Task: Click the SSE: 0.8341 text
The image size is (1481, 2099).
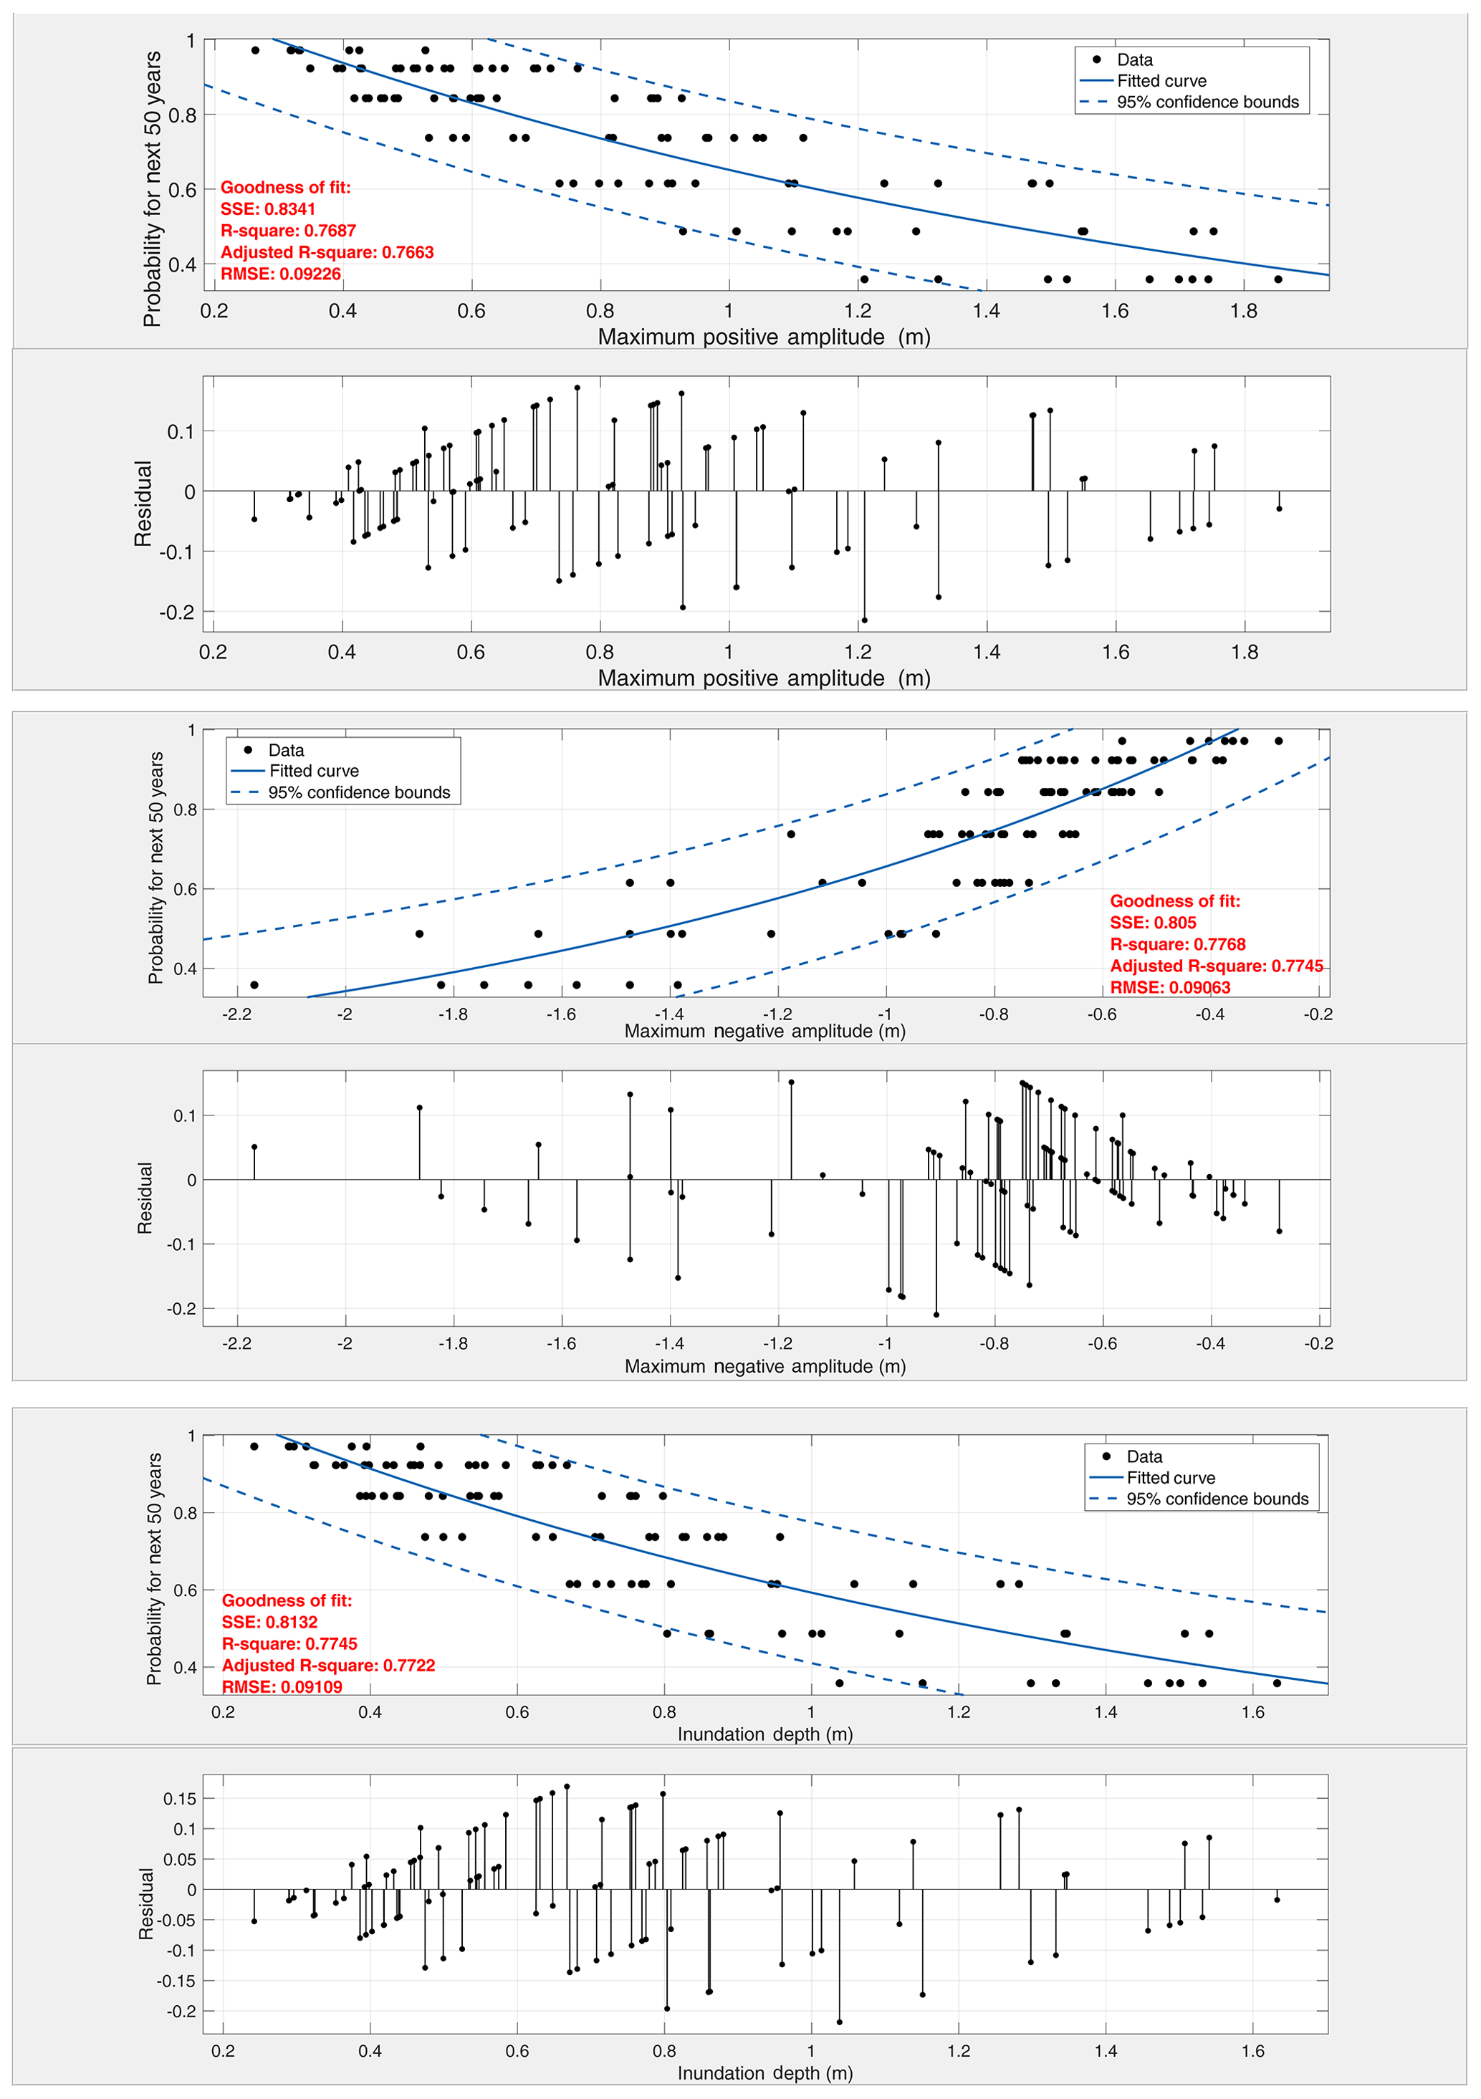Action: [268, 209]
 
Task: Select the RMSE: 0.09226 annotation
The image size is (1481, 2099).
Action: [281, 274]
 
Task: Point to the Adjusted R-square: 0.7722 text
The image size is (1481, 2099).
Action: [328, 1665]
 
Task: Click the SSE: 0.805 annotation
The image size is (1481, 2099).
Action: [1153, 923]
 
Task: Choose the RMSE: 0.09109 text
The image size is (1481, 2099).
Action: [282, 1686]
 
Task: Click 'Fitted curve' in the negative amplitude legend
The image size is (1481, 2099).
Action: [314, 771]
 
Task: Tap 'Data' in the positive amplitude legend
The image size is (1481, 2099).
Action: [1134, 60]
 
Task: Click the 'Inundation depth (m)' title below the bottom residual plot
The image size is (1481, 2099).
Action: [765, 2072]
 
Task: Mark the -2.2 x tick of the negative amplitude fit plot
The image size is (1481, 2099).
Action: [236, 1014]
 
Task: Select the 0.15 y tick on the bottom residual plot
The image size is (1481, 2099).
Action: [179, 1799]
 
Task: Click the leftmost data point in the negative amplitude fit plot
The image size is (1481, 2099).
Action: [254, 984]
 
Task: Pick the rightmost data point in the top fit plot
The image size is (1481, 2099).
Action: [1278, 279]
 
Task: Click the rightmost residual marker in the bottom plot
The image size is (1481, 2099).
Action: [1277, 1899]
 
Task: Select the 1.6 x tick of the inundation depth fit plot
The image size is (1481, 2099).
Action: [1252, 1712]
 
